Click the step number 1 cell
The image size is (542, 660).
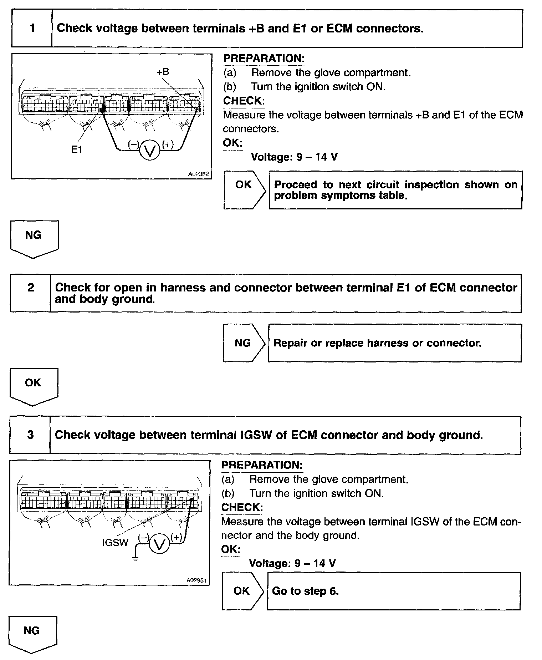pos(32,28)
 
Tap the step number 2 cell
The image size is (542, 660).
pos(31,293)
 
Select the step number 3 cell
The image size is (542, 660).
pos(30,435)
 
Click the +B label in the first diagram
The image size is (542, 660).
pos(163,72)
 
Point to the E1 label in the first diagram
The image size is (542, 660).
pos(77,150)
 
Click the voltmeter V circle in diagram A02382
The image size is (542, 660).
pos(149,151)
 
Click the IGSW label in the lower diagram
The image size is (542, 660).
pos(115,543)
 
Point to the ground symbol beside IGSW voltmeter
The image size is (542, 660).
pos(135,558)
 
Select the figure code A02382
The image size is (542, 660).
pos(199,174)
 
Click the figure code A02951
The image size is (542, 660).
pos(197,581)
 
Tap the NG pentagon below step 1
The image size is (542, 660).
pos(34,238)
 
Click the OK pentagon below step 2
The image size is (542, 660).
pos(33,386)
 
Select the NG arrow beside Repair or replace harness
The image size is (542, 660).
pos(244,343)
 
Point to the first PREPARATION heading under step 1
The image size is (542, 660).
pos(264,59)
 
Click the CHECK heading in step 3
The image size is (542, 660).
pos(242,507)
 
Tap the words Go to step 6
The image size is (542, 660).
pos(305,591)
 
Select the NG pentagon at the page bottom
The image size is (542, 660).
pos(32,634)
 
